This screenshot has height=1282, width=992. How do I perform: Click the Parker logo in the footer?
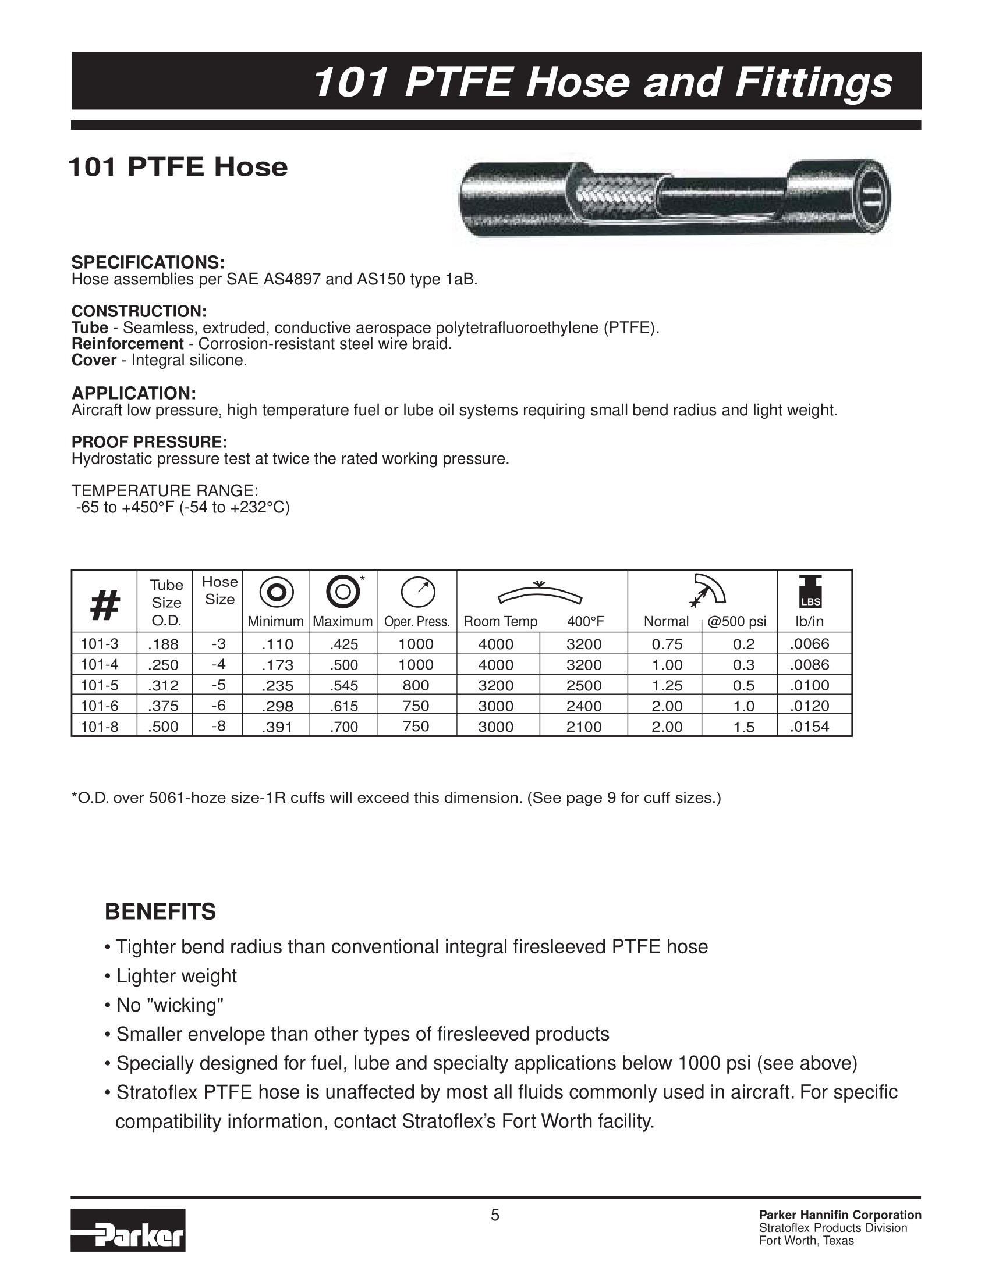coord(128,1230)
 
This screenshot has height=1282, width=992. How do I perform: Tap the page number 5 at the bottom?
coord(495,1215)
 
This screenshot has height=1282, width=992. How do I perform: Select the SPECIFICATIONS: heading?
coord(148,262)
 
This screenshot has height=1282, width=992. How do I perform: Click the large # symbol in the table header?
coord(105,605)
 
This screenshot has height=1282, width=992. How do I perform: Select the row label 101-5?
coord(100,685)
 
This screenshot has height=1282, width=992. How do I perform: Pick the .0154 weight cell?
coord(809,727)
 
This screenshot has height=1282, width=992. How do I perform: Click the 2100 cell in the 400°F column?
coord(584,727)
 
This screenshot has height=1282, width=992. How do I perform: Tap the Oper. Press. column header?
coord(417,622)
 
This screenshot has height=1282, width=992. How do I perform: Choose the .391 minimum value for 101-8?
coord(277,727)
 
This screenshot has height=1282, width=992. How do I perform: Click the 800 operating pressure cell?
coord(416,685)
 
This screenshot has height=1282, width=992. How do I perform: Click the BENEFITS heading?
coord(160,911)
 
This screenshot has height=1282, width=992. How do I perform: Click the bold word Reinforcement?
coord(127,344)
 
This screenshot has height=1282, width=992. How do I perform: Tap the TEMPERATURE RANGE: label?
coord(164,490)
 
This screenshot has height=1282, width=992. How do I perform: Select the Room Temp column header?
coord(501,622)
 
